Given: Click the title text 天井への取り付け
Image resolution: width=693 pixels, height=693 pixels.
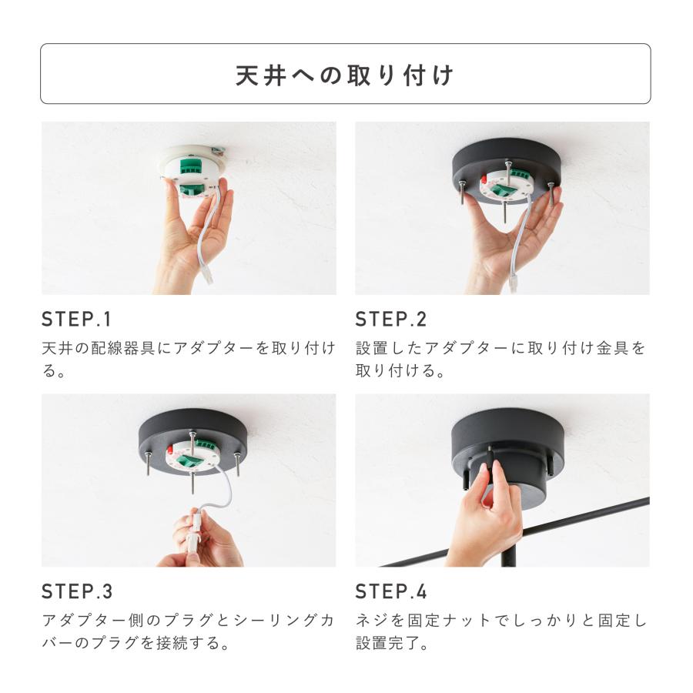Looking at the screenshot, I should [345, 75].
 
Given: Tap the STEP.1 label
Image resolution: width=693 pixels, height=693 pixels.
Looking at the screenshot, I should [76, 320].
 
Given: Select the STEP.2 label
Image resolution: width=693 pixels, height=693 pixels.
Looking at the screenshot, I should [391, 320].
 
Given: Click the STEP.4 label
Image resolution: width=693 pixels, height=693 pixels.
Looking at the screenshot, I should [391, 592].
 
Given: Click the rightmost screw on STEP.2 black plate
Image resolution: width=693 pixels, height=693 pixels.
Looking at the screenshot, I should [551, 192].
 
